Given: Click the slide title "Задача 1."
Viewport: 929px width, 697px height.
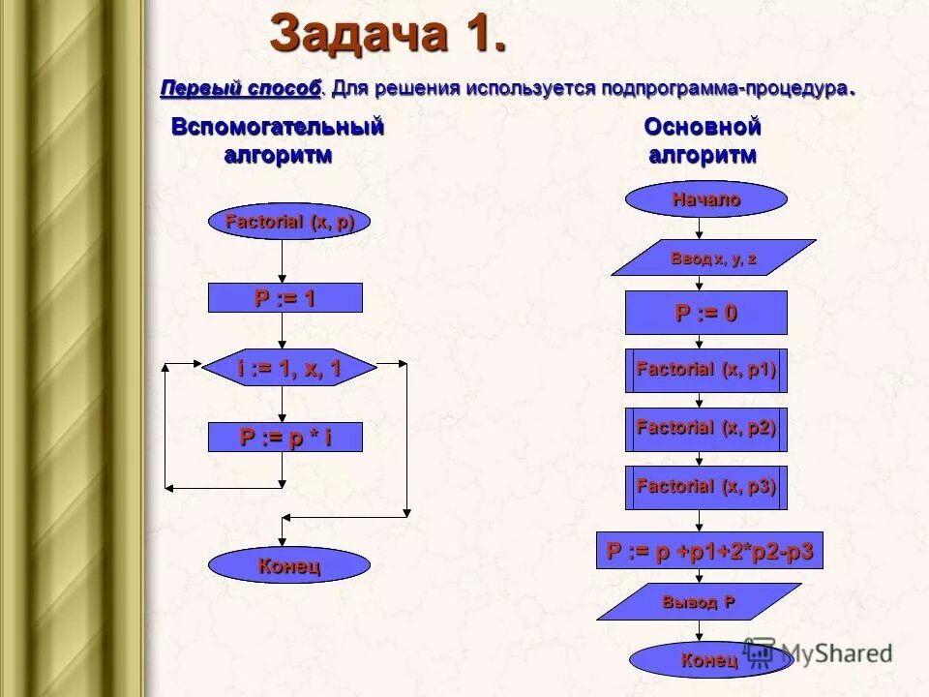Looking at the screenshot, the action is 388,36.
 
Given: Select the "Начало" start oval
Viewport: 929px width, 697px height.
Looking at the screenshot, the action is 706,200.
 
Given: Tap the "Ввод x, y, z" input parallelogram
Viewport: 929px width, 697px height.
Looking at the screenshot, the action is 714,258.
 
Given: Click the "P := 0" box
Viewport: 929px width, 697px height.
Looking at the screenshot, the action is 706,313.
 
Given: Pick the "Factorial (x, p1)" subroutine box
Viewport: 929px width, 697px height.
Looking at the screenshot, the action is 706,370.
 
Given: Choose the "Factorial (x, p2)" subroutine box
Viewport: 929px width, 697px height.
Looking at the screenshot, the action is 706,428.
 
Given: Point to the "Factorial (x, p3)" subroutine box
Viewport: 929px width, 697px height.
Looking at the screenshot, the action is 706,487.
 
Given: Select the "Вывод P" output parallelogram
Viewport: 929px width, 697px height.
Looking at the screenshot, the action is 699,601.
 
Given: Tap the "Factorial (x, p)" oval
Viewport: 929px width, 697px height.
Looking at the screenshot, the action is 289,223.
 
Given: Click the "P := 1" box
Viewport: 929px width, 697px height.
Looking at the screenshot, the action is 285,298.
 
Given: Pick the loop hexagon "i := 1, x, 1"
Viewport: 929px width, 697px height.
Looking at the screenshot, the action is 289,367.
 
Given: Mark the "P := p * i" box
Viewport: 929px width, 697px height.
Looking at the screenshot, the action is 285,438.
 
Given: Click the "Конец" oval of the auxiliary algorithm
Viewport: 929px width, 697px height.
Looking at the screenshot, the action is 289,565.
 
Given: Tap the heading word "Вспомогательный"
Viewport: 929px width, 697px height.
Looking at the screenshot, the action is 278,127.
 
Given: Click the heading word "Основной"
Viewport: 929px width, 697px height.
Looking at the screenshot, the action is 703,127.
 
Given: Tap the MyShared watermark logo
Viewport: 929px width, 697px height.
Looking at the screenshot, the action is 818,652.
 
